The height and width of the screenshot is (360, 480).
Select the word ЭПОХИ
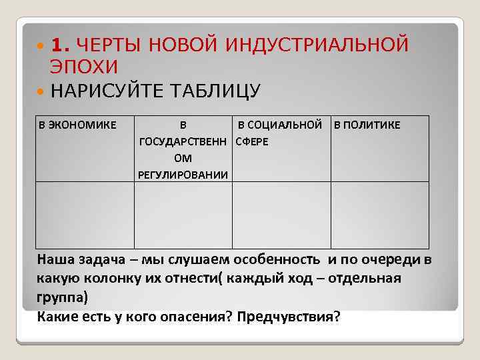pos(83,67)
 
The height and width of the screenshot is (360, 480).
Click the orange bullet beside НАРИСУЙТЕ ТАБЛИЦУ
pos(42,90)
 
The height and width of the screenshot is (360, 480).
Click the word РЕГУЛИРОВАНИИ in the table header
pos(183,175)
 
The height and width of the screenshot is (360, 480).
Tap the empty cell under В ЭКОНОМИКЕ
pos(85,215)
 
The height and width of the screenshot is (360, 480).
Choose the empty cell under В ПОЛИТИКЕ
pos(380,215)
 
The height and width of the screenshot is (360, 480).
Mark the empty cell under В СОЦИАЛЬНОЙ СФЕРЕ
pos(281,215)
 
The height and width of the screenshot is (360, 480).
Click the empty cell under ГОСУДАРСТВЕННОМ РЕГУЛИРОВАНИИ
pos(183,215)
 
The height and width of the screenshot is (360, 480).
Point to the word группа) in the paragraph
pos(63,297)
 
